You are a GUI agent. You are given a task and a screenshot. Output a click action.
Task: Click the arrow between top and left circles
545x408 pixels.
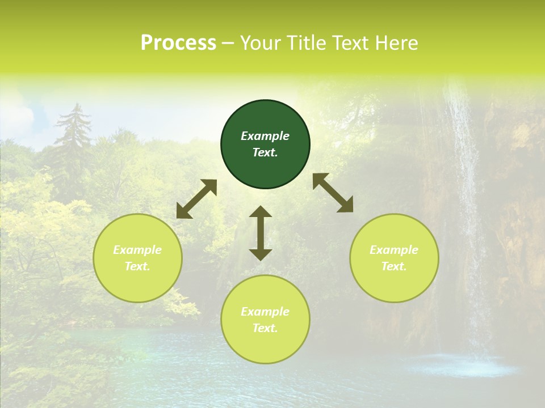[x=196, y=199]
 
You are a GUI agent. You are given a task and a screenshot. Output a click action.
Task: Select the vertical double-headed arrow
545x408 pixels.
[x=261, y=233]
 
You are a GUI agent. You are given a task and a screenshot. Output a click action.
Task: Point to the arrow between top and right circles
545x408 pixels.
[x=333, y=193]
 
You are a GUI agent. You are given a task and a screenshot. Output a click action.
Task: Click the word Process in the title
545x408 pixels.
[x=178, y=43]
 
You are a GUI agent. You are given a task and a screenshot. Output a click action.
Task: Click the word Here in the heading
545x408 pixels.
[x=396, y=43]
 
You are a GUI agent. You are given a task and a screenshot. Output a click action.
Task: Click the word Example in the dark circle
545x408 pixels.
[x=265, y=136]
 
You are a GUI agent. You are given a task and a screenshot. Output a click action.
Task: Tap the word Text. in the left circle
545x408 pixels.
[x=137, y=266]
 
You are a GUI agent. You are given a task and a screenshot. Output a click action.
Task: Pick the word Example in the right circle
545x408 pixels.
[x=394, y=250]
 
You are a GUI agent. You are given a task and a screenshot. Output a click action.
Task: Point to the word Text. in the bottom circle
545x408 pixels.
[x=265, y=328]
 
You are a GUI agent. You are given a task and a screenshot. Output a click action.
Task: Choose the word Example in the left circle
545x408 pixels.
[x=137, y=250]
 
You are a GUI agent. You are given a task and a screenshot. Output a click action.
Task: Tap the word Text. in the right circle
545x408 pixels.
[x=394, y=266]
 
